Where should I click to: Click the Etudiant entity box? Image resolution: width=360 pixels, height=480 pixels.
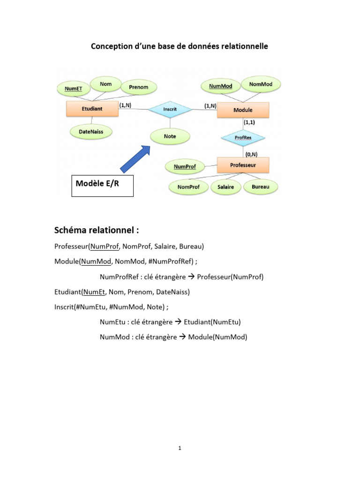[x=92, y=109]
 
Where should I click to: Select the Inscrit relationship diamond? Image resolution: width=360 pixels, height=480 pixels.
[x=170, y=109]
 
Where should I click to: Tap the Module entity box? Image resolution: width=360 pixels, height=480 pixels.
[x=243, y=110]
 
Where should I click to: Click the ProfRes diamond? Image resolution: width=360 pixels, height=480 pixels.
[x=243, y=138]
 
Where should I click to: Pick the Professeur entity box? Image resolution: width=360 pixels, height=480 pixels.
[x=243, y=165]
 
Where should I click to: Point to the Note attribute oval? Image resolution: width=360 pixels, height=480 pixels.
[x=170, y=136]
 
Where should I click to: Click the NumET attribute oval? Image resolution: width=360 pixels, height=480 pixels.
[x=73, y=88]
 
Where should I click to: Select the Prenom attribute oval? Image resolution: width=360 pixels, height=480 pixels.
[x=138, y=87]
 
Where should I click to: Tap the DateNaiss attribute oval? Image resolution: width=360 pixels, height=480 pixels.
[x=91, y=132]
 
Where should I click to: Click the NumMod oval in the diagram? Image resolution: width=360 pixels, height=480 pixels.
[x=221, y=86]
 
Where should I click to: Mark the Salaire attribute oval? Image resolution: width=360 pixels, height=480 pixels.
[x=226, y=187]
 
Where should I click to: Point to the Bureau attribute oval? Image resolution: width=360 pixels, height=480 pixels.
[x=261, y=187]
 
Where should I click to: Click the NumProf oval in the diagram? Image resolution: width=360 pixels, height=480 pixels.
[x=185, y=166]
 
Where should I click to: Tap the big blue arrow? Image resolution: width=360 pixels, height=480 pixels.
[x=135, y=159]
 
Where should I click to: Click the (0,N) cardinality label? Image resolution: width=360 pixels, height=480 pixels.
[x=251, y=153]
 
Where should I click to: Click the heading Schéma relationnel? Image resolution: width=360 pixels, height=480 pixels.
[x=97, y=231]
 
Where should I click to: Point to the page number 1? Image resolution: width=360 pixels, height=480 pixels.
[x=180, y=448]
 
